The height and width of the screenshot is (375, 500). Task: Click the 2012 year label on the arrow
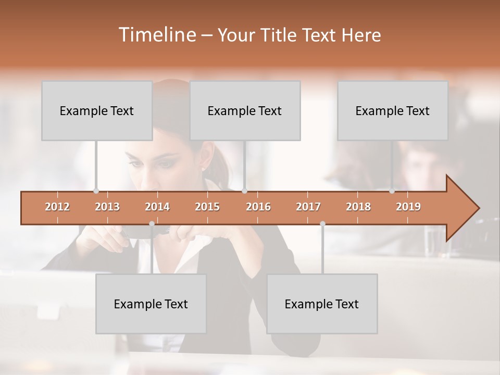click(57, 207)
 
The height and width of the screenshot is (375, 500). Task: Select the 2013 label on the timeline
click(107, 207)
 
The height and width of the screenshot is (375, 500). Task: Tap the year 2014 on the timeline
click(157, 207)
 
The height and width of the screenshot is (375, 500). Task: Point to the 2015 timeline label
click(207, 207)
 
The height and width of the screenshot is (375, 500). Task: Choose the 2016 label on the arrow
click(258, 207)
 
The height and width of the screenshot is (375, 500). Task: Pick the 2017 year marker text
click(308, 207)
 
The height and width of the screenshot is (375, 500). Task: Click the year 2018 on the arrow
click(358, 207)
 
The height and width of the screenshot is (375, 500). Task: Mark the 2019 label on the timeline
click(408, 207)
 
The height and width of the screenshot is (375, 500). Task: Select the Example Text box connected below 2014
click(151, 304)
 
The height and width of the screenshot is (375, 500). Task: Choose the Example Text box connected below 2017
click(322, 304)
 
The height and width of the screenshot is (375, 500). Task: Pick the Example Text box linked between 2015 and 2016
click(245, 110)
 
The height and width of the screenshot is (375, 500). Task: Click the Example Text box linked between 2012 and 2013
click(97, 110)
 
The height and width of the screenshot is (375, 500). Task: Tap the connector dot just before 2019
click(392, 191)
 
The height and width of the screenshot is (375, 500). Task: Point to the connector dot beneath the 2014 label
click(152, 224)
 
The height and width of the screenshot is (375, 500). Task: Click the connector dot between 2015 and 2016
click(245, 191)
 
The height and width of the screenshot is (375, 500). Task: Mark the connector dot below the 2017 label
click(322, 224)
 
